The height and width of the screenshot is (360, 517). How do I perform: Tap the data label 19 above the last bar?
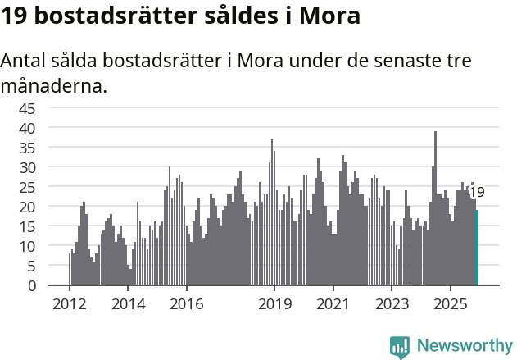point(476,193)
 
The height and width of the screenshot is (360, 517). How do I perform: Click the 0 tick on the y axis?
point(31,285)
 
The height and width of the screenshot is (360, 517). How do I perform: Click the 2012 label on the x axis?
point(69,305)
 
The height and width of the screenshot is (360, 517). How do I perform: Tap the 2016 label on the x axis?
point(187,305)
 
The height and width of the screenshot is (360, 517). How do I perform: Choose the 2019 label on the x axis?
point(274,305)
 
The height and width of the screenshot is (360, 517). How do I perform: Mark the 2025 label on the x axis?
point(450,305)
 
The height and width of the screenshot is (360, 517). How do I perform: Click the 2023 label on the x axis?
point(392,305)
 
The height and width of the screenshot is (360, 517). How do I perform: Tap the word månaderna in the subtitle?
point(53,84)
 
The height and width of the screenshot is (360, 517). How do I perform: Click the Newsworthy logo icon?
point(400,347)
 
